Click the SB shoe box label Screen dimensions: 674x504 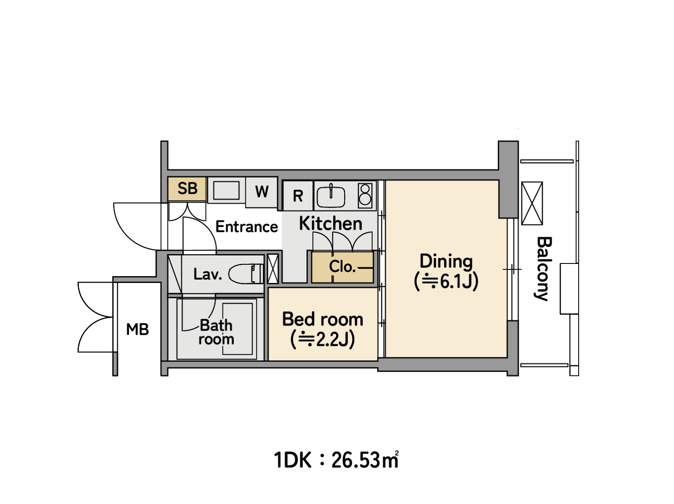click(187, 188)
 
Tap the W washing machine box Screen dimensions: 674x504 click(262, 192)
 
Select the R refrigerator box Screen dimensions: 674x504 click(298, 196)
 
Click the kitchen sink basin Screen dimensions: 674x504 click(331, 197)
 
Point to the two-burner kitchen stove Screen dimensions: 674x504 click(365, 195)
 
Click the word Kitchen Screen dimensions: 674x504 click(331, 224)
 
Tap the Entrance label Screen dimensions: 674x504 click(247, 227)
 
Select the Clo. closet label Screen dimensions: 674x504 click(342, 266)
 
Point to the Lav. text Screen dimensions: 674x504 click(208, 274)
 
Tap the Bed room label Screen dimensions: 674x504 click(323, 319)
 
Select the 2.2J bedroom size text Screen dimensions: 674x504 click(323, 339)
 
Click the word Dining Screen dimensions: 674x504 click(446, 261)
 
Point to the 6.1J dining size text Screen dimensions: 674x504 click(446, 282)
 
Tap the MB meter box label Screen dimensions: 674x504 click(138, 330)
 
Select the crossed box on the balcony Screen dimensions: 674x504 click(532, 204)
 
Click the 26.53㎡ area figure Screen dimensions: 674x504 click(365, 460)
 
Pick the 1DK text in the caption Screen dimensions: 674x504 click(292, 460)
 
